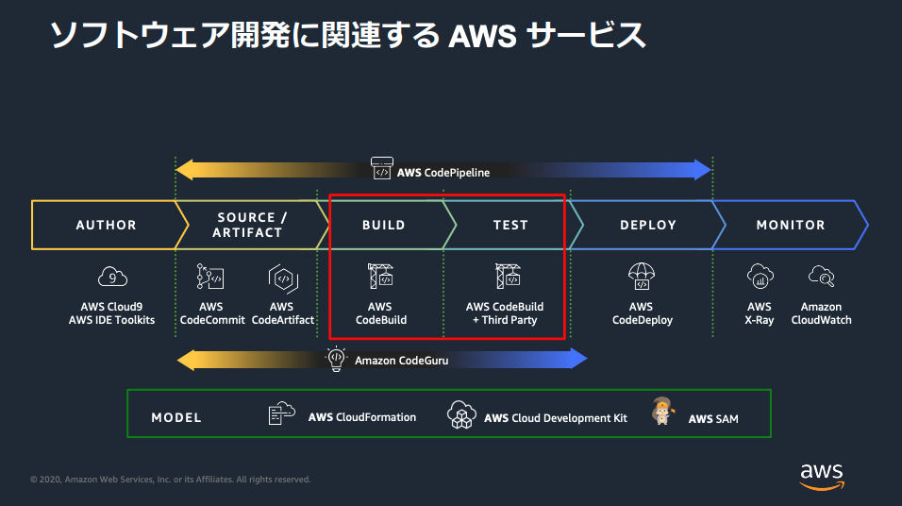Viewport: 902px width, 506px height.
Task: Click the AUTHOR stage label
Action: [x=106, y=225]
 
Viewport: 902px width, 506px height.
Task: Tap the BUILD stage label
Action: [x=384, y=225]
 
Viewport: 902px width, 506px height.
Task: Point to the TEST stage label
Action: [x=510, y=225]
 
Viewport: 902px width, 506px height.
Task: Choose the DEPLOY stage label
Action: [x=648, y=225]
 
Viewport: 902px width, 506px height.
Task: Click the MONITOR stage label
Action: [x=791, y=225]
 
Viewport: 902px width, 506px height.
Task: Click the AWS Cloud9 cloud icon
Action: [x=112, y=277]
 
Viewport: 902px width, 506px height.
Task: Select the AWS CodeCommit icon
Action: [x=210, y=277]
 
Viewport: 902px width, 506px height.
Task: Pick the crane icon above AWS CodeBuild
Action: [x=381, y=276]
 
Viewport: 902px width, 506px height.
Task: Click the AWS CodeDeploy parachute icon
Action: [x=642, y=276]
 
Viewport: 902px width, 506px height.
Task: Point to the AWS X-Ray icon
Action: [x=760, y=276]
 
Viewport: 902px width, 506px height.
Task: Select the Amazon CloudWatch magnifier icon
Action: [x=822, y=276]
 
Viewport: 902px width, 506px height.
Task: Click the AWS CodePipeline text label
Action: [x=443, y=172]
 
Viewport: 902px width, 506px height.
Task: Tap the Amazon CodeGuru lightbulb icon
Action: [x=336, y=359]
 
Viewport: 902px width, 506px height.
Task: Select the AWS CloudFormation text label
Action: [x=361, y=417]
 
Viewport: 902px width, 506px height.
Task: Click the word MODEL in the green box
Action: [x=176, y=417]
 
